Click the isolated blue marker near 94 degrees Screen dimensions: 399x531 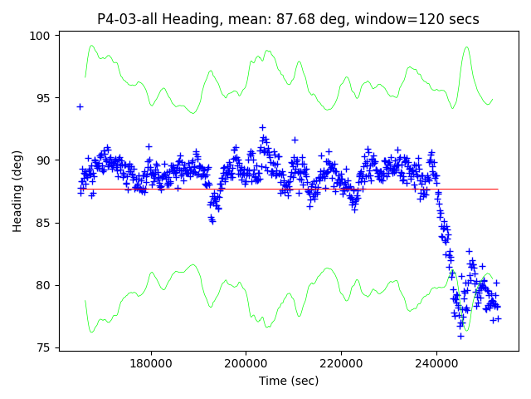80,106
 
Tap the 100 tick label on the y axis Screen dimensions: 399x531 41,36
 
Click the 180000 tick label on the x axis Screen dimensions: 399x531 150,363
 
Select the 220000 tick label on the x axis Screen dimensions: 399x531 342,363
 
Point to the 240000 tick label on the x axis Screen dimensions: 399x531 437,363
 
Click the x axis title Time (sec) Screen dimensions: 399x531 289,381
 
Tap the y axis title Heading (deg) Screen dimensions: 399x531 17,191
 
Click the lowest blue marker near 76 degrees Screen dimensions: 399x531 460,336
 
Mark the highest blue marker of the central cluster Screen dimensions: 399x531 262,127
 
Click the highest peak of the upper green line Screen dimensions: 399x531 466,47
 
